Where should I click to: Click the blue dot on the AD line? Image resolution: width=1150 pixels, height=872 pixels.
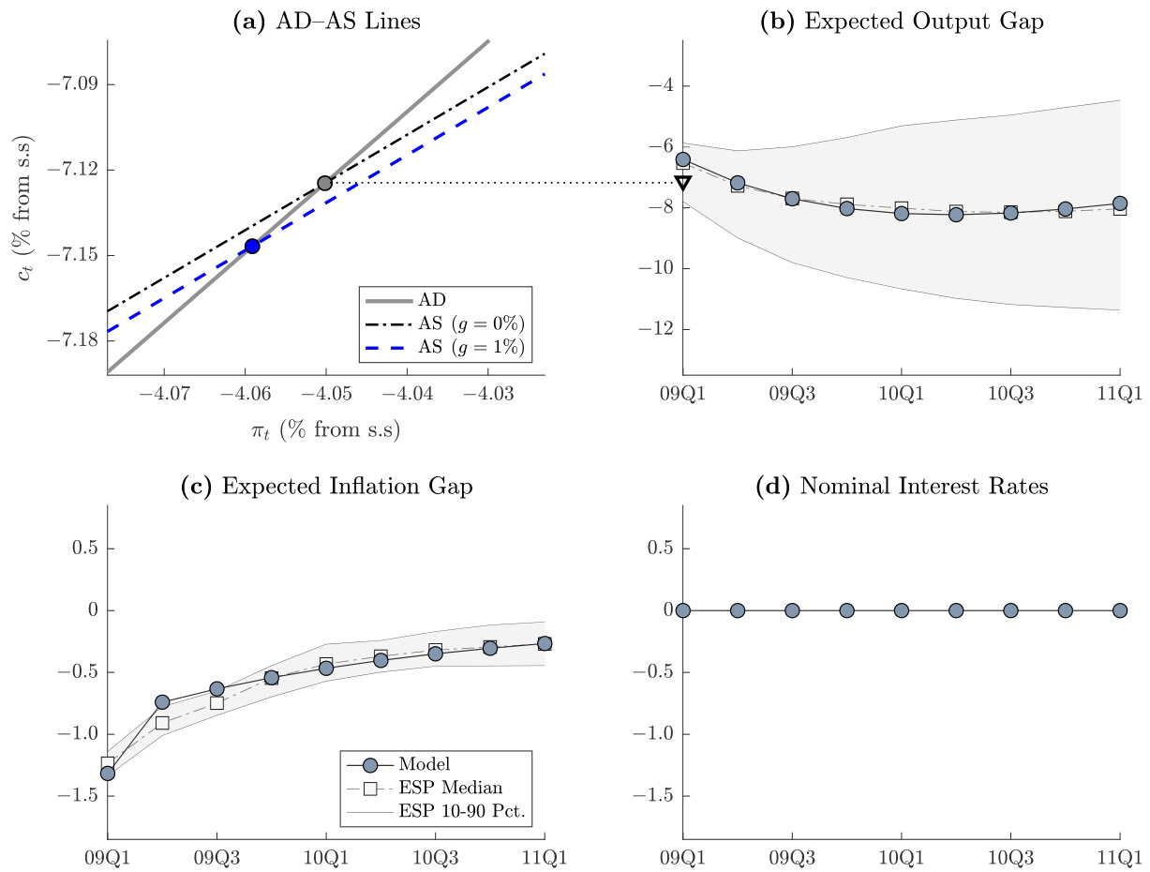click(252, 246)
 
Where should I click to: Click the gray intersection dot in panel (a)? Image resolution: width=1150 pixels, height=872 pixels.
click(324, 183)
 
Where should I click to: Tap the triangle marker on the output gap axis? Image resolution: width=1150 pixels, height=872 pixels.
click(683, 182)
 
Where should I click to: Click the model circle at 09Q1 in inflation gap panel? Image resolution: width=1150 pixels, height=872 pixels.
click(108, 774)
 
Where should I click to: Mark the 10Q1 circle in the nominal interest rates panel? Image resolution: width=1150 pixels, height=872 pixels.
click(902, 610)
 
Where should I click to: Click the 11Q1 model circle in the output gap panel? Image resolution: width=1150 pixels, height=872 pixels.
click(1120, 203)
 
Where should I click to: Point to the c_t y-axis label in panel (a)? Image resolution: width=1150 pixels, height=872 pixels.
click(25, 205)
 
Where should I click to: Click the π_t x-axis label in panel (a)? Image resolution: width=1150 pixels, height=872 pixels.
click(325, 430)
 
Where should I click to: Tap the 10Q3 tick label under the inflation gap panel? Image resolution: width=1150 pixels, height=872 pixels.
click(435, 856)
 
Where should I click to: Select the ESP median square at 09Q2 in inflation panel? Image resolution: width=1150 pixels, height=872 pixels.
click(162, 723)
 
